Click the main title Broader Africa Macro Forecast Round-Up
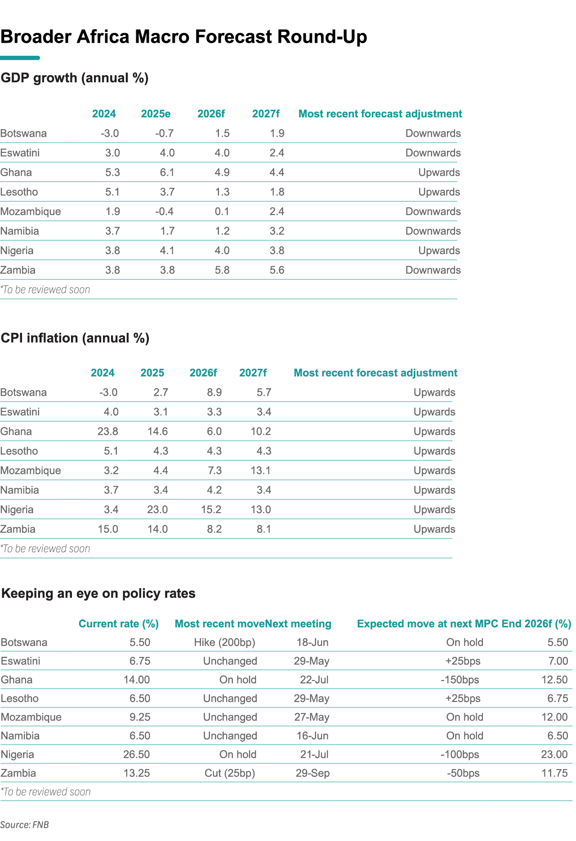click(x=183, y=37)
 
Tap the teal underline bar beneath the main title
click(x=20, y=58)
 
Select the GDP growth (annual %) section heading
click(x=75, y=78)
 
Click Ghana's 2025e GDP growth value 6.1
click(x=167, y=173)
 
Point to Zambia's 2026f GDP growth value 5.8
click(x=222, y=270)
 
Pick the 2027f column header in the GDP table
click(x=266, y=114)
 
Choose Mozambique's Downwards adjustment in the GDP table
click(x=433, y=212)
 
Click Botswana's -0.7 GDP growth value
click(x=165, y=134)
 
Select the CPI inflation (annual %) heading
click(x=75, y=338)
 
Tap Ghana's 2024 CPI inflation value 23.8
click(x=108, y=432)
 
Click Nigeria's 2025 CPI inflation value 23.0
click(x=157, y=510)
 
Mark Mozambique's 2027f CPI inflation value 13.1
click(x=261, y=471)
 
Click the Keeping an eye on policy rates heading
click(x=98, y=594)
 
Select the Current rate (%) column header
click(x=119, y=624)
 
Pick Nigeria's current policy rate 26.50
click(x=137, y=755)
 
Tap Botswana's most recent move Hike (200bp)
click(x=225, y=643)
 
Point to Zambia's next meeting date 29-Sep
click(x=313, y=774)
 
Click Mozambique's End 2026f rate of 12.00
click(x=555, y=717)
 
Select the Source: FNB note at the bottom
click(x=24, y=825)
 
